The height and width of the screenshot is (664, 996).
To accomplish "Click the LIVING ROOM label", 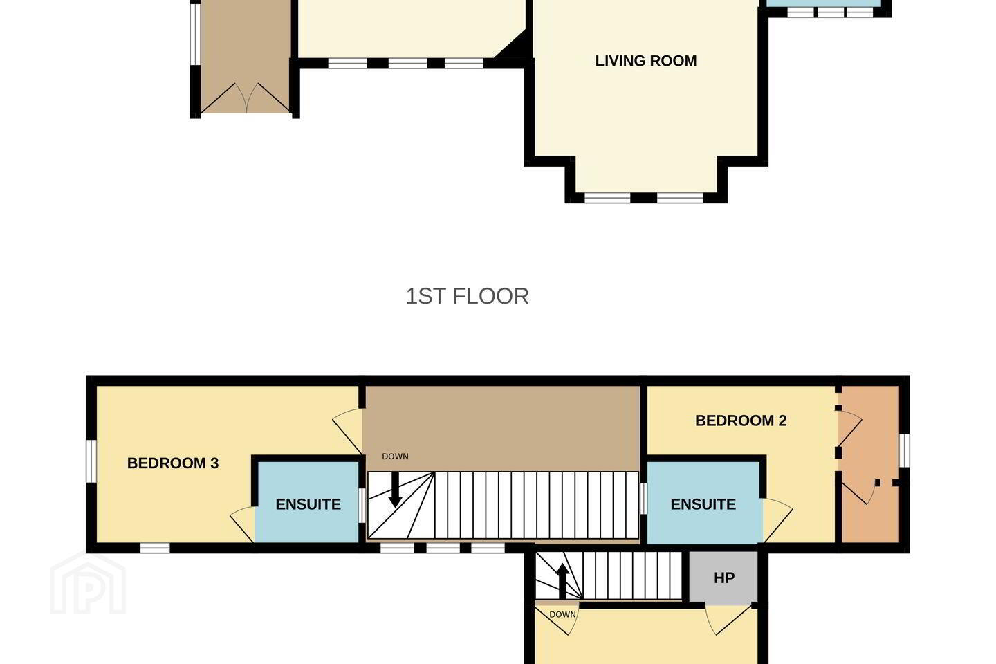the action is pyautogui.click(x=645, y=61).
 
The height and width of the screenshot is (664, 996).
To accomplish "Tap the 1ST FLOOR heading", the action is pyautogui.click(x=467, y=296).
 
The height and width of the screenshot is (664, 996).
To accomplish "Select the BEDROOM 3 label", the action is pyautogui.click(x=173, y=463).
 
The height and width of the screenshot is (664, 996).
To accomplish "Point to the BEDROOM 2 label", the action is pyautogui.click(x=741, y=421).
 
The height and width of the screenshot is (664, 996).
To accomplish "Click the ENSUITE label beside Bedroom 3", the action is pyautogui.click(x=308, y=504).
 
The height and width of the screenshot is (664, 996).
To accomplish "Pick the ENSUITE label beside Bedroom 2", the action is pyautogui.click(x=703, y=504).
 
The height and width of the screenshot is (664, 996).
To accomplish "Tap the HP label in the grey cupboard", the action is pyautogui.click(x=724, y=578).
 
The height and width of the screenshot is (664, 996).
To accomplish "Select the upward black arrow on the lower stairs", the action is pyautogui.click(x=562, y=580).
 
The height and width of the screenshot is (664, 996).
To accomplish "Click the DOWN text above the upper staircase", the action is pyautogui.click(x=395, y=456).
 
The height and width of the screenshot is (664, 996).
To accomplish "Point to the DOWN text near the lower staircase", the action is pyautogui.click(x=562, y=615).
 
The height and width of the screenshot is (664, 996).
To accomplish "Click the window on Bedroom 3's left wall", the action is pyautogui.click(x=91, y=461).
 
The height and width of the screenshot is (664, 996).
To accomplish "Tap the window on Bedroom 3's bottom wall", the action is pyautogui.click(x=155, y=548).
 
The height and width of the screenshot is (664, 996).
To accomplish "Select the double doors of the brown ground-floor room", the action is pyautogui.click(x=246, y=98).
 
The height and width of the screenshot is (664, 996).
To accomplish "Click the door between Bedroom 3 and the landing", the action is pyautogui.click(x=348, y=431).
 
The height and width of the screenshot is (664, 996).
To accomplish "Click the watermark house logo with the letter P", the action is pyautogui.click(x=88, y=583).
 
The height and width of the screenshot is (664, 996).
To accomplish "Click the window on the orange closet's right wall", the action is pyautogui.click(x=905, y=450).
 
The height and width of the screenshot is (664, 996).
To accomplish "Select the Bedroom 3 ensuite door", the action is pyautogui.click(x=243, y=525).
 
